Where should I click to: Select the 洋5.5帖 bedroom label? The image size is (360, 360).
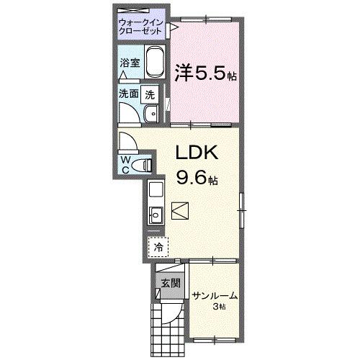(206, 73)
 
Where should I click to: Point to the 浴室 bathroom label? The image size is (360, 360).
(129, 63)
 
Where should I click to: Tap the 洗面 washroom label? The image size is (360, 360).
(129, 94)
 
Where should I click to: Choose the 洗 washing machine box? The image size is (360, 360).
(149, 94)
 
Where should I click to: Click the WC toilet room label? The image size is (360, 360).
(125, 163)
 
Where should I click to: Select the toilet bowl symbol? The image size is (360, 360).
(144, 165)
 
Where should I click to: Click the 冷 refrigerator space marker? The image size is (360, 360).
(158, 247)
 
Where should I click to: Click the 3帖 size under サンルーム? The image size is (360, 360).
(218, 307)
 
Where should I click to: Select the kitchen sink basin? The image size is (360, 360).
(156, 214)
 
